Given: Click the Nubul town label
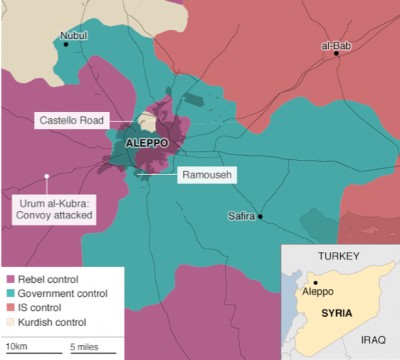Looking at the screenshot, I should click(x=74, y=36).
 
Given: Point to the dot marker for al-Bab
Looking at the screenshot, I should click(x=338, y=54).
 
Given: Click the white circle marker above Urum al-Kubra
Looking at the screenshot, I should click(x=47, y=178).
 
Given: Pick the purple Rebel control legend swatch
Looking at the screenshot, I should click(x=11, y=277).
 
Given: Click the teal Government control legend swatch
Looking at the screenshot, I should click(x=11, y=293).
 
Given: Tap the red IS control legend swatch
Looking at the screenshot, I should click(x=11, y=309).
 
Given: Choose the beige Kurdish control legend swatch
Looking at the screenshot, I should click(x=11, y=325).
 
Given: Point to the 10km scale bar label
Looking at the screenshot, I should click(x=16, y=346).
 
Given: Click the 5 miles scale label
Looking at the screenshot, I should click(x=84, y=346).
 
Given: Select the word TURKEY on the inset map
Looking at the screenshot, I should click(x=336, y=257).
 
